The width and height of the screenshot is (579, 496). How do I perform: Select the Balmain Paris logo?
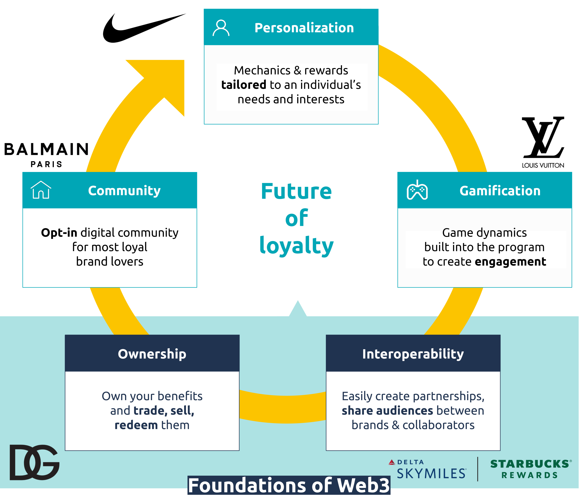46,154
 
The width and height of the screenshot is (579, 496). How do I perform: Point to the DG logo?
34,462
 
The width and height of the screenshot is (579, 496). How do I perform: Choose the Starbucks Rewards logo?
530,469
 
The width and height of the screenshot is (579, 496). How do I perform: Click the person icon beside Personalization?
221,28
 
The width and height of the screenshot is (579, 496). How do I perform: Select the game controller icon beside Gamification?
417,191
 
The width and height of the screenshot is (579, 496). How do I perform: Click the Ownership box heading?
152,354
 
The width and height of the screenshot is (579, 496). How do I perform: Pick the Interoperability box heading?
413,354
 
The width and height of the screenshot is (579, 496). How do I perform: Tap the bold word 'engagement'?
510,262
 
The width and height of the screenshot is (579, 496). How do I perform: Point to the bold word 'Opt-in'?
59,233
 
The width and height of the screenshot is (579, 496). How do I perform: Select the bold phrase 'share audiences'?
387,411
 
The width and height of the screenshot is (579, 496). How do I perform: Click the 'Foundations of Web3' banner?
289,485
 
